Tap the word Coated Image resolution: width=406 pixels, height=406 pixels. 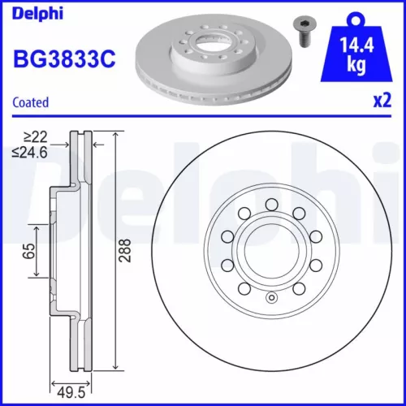tap(31, 102)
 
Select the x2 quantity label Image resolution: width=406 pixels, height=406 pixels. tap(382, 103)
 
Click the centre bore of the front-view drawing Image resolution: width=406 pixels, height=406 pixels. tap(271, 252)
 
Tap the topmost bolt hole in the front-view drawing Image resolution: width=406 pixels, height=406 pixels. tap(271, 205)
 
